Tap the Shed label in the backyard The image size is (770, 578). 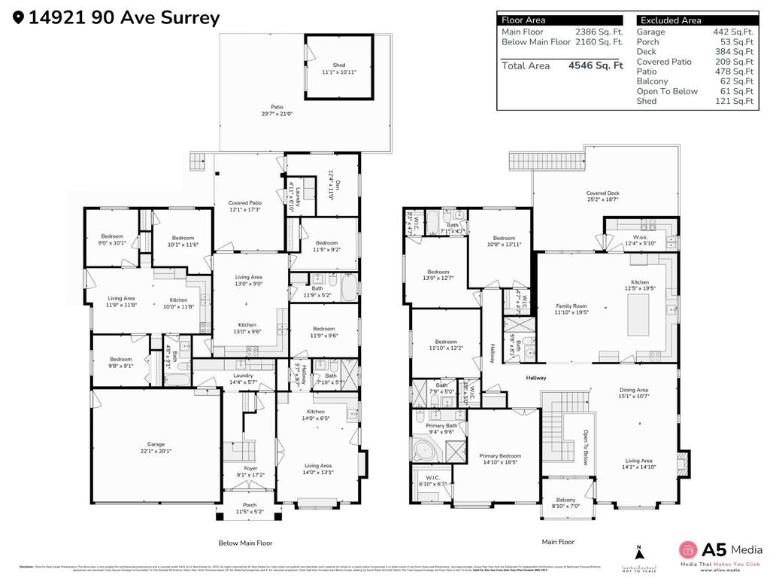[x=339, y=65]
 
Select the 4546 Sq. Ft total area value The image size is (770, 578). [x=596, y=65]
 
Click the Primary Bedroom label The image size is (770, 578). [x=500, y=456]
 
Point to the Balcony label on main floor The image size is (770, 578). [x=565, y=500]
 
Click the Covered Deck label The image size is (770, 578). [x=602, y=193]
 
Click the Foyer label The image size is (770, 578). [x=250, y=469]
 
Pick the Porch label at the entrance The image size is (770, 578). [x=249, y=506]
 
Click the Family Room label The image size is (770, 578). [x=571, y=306]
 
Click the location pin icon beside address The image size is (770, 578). [x=18, y=17]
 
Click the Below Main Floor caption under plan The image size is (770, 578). [x=245, y=543]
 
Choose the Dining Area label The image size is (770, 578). [x=633, y=390]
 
